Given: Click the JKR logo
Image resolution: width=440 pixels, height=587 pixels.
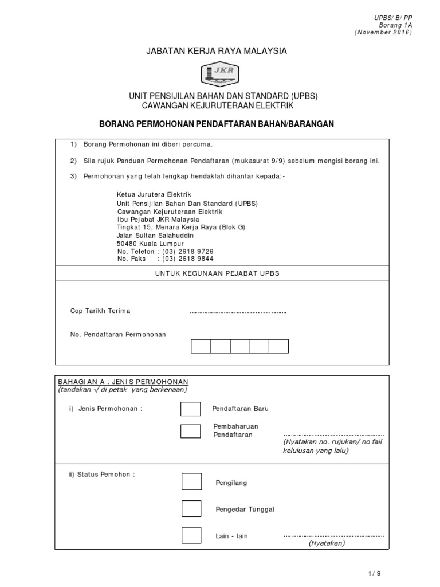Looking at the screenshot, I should click(x=219, y=73).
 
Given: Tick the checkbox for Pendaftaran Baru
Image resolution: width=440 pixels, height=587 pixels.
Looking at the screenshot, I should click(x=190, y=409).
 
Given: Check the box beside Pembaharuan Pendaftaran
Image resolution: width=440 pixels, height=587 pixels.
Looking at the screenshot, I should click(x=190, y=431).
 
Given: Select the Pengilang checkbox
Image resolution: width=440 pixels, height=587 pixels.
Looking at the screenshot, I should click(x=191, y=482).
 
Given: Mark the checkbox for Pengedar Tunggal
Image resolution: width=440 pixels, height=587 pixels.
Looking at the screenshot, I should click(x=191, y=508).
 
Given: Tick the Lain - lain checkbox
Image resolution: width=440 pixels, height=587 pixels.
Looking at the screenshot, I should click(x=191, y=535).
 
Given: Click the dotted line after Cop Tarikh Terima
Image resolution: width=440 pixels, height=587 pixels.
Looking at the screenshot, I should click(x=238, y=312).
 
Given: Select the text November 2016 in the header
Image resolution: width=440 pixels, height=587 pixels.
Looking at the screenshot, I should click(x=383, y=33).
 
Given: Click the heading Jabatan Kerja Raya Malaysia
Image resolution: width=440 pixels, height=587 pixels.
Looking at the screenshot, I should click(x=217, y=52).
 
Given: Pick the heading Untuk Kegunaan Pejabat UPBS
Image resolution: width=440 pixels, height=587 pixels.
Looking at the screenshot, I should click(x=217, y=273).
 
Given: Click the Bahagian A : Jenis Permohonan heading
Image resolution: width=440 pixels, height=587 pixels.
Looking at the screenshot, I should click(x=123, y=382).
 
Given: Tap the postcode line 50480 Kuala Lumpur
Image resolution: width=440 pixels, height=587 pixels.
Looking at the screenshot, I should click(x=150, y=244).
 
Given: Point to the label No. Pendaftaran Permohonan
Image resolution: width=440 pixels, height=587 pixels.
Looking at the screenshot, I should click(x=118, y=334).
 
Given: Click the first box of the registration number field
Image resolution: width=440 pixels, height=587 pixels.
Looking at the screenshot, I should click(x=201, y=346).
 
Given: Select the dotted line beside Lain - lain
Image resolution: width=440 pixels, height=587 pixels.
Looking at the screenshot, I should click(x=333, y=536).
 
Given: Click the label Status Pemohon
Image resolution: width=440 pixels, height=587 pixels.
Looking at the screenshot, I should click(x=102, y=474).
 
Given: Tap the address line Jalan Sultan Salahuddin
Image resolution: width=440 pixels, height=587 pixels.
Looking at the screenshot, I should click(x=155, y=236).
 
